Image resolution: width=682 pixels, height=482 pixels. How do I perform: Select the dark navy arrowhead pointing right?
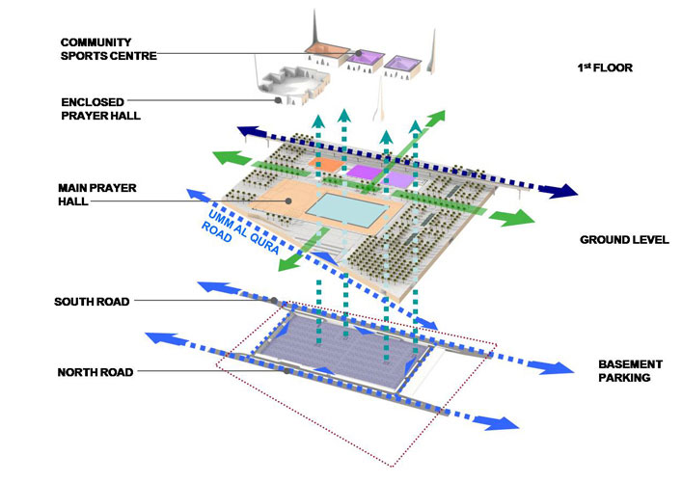pos(559,192)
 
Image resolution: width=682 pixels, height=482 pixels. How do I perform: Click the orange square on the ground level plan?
pos(326,166)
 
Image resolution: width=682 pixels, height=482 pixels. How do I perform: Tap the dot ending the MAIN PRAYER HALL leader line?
pos(288,201)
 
